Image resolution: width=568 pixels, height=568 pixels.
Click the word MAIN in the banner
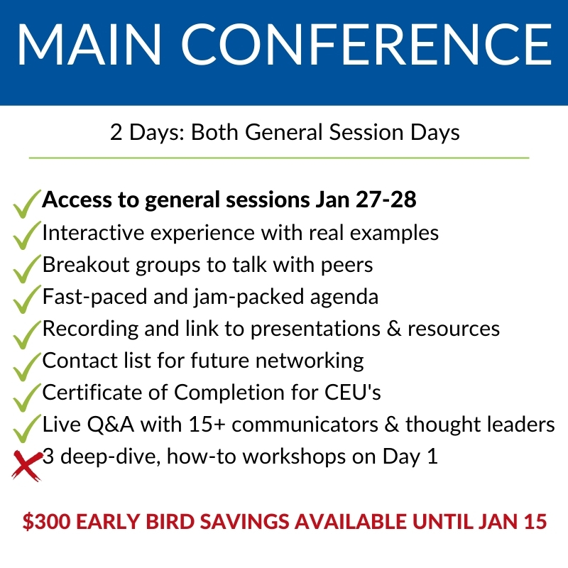point(89,45)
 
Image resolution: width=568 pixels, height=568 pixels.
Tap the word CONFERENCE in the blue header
point(366,45)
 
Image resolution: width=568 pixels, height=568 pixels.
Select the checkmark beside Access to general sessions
point(27,204)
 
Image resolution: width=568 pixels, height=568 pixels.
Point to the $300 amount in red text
point(47,522)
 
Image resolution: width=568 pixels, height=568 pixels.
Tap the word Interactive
point(94,233)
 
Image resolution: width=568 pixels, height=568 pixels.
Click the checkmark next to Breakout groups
point(27,269)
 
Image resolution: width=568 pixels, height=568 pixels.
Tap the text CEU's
point(352,393)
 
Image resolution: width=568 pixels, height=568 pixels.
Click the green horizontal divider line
point(279,158)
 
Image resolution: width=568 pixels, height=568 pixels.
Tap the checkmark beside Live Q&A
point(27,429)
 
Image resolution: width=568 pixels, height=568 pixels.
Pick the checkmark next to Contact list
point(27,366)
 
